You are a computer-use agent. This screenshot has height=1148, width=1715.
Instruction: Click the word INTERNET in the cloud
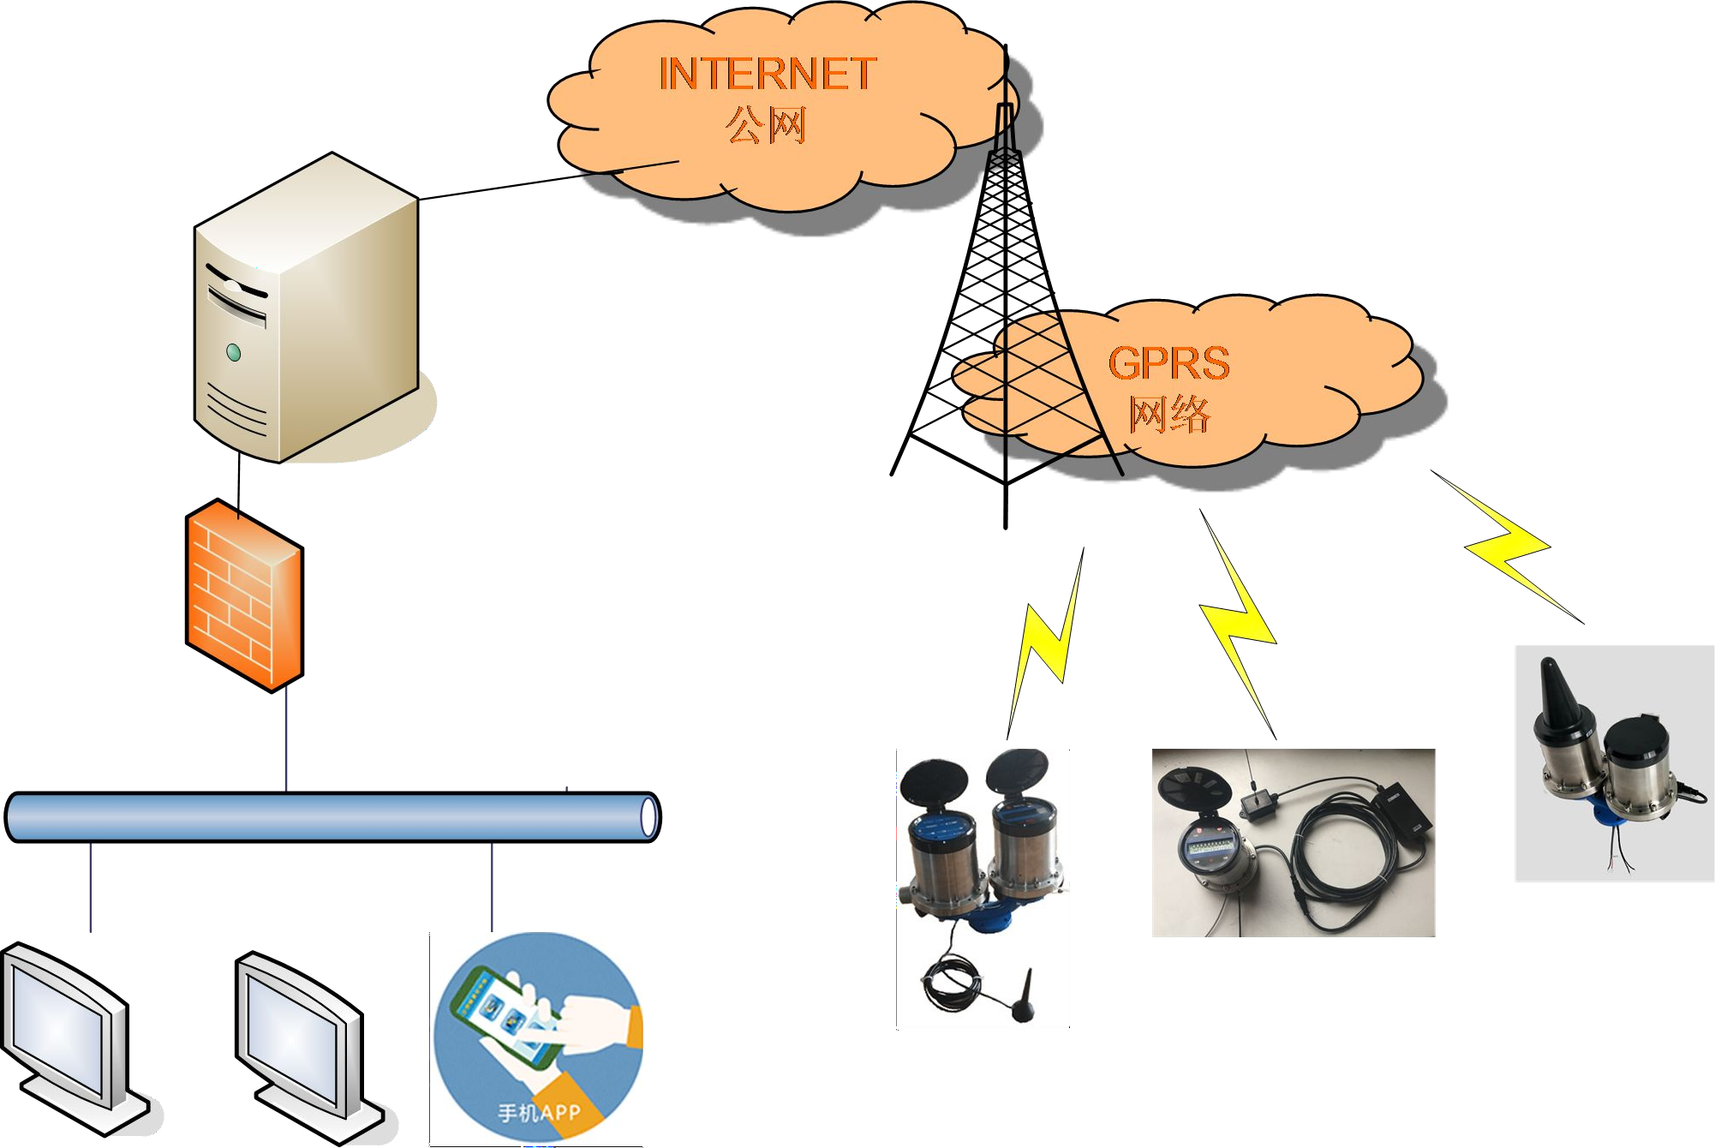[x=767, y=74]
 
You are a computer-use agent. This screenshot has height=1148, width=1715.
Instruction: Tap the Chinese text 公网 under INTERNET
[x=766, y=125]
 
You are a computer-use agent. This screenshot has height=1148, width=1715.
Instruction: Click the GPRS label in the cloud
[x=1168, y=363]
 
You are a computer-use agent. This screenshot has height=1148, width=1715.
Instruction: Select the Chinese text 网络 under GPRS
[x=1169, y=414]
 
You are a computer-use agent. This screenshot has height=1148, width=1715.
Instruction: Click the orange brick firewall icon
[x=245, y=595]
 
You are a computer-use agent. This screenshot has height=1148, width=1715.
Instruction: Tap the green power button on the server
[x=233, y=352]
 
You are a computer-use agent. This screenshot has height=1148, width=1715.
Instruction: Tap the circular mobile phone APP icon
[x=538, y=1037]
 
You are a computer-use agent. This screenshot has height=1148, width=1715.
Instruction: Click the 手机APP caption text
[x=539, y=1113]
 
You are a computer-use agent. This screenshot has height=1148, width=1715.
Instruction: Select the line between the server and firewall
[x=239, y=480]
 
